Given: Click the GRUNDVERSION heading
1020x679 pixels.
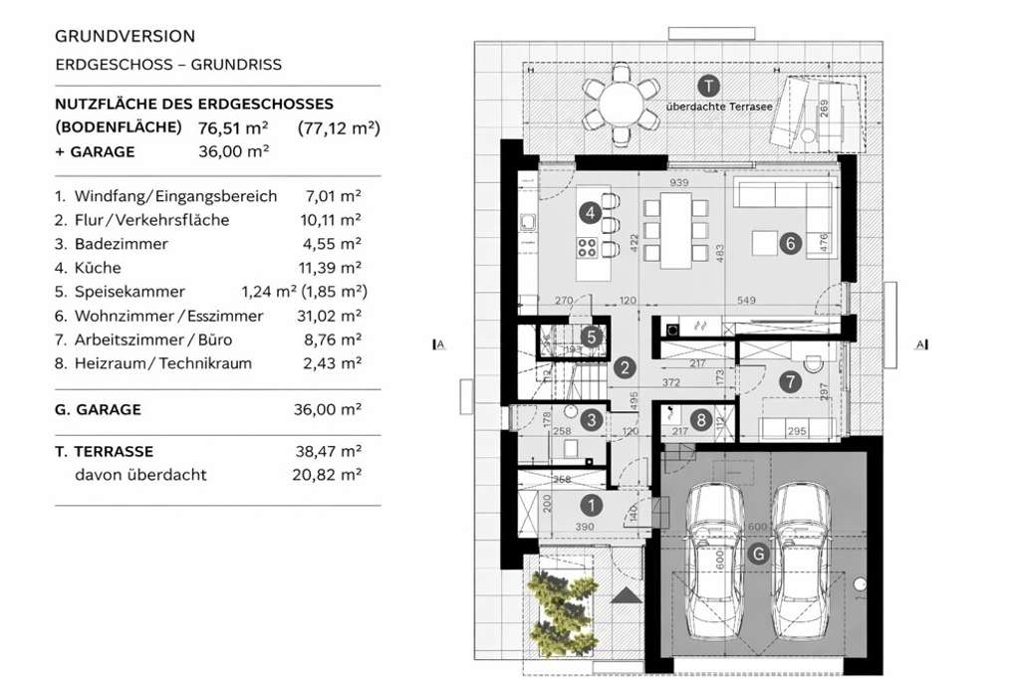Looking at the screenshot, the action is pyautogui.click(x=125, y=36).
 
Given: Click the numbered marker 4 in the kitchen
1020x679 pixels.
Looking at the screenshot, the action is pyautogui.click(x=591, y=212).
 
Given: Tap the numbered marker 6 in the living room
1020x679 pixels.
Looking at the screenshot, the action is pyautogui.click(x=789, y=243).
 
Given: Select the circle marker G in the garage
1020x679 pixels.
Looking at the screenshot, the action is pyautogui.click(x=759, y=555).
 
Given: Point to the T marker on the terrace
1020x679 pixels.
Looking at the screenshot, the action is pyautogui.click(x=707, y=85).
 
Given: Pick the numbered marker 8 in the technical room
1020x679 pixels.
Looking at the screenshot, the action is pyautogui.click(x=702, y=420).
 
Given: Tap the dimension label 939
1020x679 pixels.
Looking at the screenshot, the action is pyautogui.click(x=680, y=183).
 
